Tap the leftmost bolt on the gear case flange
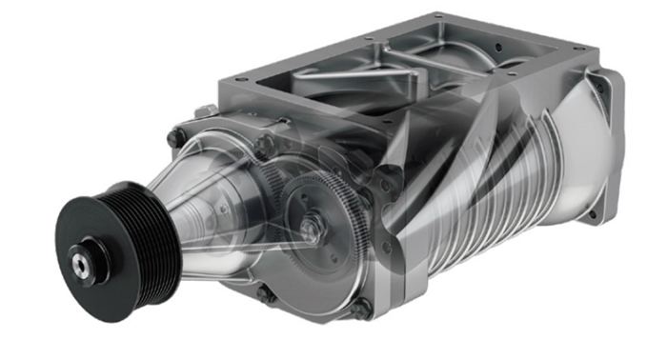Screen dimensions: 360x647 173,138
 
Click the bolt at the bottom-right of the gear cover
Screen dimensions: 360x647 361,308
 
